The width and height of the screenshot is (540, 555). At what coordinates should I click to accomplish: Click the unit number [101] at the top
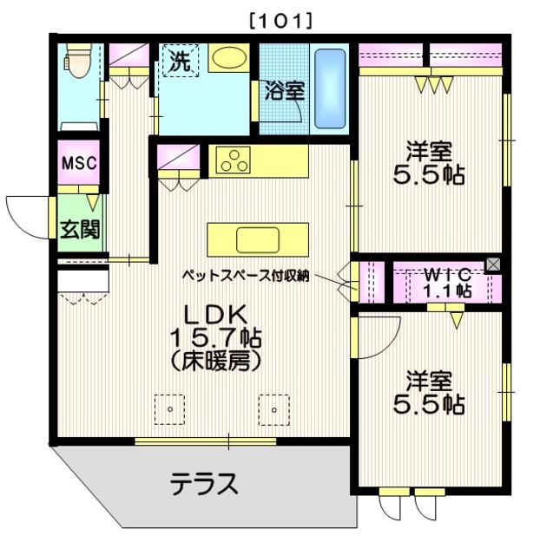[280, 18]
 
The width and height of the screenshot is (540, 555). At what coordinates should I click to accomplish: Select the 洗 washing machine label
[179, 62]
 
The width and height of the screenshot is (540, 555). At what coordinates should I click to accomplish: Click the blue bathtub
[329, 88]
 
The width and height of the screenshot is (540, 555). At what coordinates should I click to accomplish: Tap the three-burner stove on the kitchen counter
[234, 160]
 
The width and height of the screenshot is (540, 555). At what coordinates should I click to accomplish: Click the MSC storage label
[79, 163]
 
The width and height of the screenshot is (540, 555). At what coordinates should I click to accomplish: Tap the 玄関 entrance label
[78, 229]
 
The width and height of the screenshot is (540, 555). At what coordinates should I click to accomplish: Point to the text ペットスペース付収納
[246, 277]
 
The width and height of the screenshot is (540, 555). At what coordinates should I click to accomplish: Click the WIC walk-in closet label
[446, 275]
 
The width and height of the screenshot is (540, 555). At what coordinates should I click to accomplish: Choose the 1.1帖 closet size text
[446, 291]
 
